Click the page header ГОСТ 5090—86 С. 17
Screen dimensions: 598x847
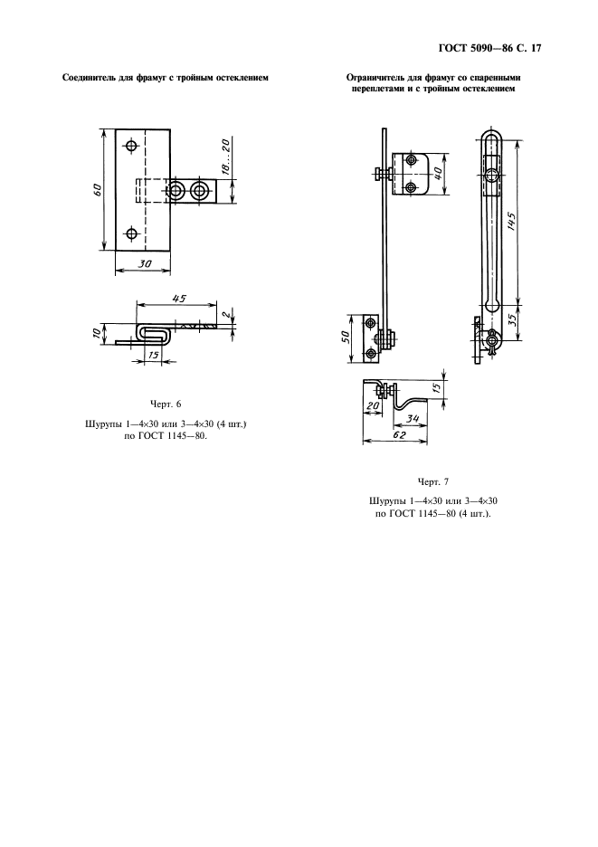tap(489, 49)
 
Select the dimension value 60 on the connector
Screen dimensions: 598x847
tap(98, 190)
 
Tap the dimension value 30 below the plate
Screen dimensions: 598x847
tap(144, 263)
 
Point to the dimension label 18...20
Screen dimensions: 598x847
tap(225, 157)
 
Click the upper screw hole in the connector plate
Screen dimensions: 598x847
tap(131, 146)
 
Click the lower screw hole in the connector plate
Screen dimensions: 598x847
tap(131, 233)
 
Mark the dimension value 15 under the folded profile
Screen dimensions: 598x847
tap(154, 356)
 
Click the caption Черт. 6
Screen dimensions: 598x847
tap(166, 404)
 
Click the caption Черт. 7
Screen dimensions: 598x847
tap(432, 481)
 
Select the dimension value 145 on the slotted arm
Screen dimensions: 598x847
tap(511, 222)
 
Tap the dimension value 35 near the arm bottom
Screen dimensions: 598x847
tap(512, 322)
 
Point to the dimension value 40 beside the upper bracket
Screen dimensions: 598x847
tap(438, 174)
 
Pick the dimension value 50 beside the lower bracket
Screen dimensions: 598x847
tap(346, 337)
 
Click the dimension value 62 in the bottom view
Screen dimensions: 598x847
tap(399, 435)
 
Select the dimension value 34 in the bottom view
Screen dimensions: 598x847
tap(413, 417)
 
